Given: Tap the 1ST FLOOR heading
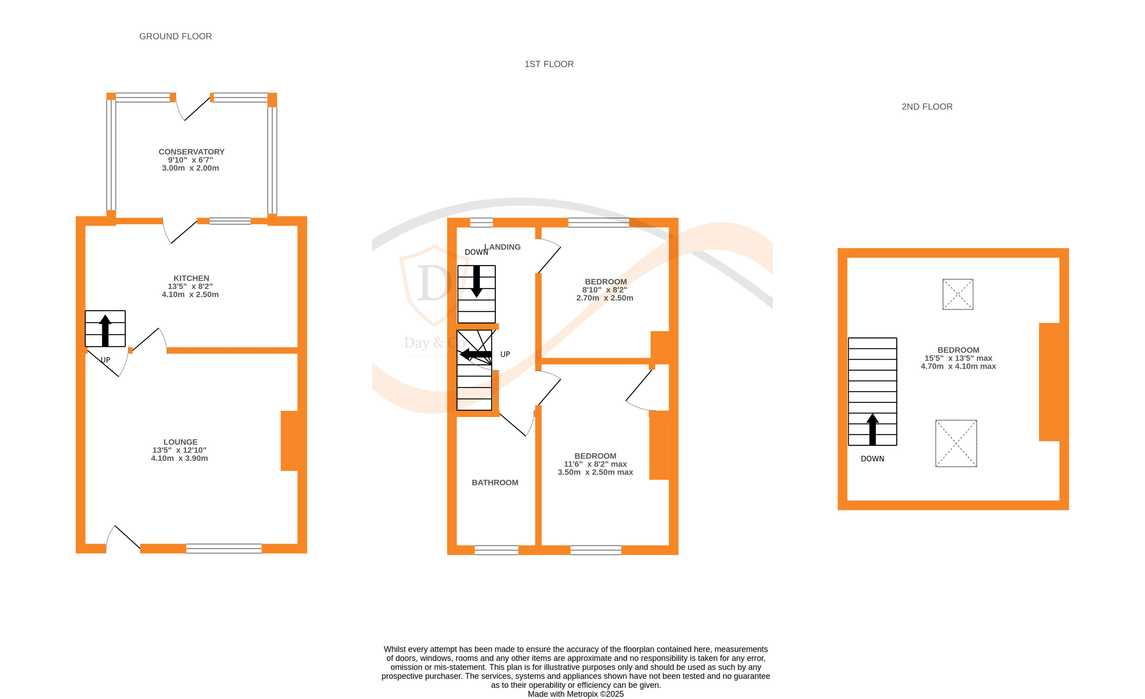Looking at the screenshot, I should click(x=549, y=64).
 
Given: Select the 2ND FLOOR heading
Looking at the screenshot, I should click(x=927, y=107).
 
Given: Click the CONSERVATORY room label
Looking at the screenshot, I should click(x=191, y=152).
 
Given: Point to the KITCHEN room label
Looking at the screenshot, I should click(x=191, y=278).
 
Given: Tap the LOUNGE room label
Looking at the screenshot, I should click(x=180, y=442).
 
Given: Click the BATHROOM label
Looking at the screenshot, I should click(x=495, y=482).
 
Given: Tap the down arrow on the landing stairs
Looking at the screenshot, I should click(x=476, y=282).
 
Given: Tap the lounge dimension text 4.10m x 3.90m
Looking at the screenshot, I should click(x=179, y=458).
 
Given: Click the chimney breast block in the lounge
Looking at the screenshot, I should click(x=289, y=440).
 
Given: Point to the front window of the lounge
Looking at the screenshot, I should click(x=224, y=548).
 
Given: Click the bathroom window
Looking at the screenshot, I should click(x=496, y=550).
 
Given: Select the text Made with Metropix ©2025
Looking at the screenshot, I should click(x=575, y=694).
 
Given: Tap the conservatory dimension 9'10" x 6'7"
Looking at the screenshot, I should click(x=190, y=160).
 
